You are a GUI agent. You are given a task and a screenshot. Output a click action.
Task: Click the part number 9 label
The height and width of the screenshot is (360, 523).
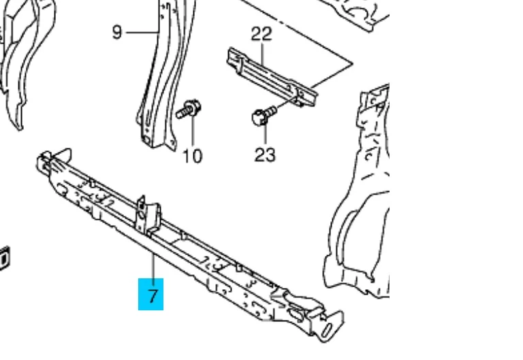coord(116,33)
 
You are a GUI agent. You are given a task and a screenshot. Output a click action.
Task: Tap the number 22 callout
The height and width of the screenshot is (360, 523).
coord(261,33)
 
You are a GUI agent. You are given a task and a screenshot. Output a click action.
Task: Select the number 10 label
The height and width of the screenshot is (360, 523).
coord(193,156)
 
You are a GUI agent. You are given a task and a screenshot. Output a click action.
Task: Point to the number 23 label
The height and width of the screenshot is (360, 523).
coord(265,155)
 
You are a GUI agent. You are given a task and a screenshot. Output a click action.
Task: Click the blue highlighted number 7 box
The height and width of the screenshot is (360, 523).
coord(150,294)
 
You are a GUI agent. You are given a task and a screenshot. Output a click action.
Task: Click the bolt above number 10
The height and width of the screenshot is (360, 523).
coord(189,109)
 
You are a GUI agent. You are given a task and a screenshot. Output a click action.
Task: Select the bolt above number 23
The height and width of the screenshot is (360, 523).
coord(264,115)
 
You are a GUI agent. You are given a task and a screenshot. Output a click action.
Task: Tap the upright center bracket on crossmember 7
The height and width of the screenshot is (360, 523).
coord(148,216)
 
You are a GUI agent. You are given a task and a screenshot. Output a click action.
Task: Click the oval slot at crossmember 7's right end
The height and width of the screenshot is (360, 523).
coord(327,330)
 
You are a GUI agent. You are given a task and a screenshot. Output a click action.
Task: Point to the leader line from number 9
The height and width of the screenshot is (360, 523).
coord(142,33)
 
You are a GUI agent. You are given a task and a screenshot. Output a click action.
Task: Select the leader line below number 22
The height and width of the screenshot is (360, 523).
coord(263,53)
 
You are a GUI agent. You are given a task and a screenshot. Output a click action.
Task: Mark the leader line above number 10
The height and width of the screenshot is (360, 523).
coord(193,131)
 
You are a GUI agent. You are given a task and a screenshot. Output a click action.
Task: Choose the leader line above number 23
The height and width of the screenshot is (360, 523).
coord(266,134)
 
